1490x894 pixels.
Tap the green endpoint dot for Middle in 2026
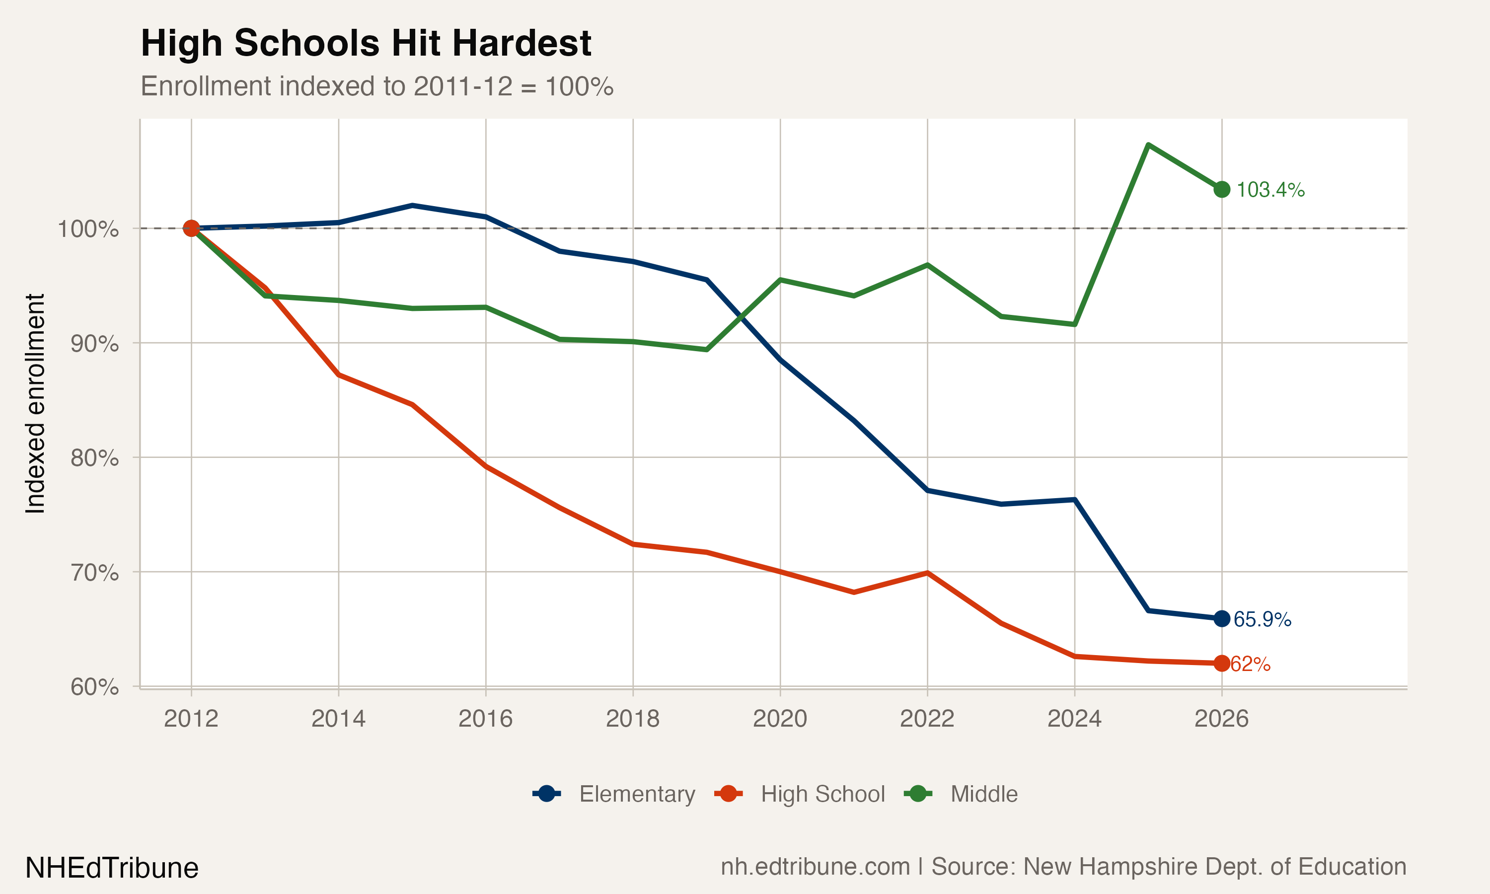click(1221, 190)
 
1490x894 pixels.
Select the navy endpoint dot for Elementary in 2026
click(1221, 619)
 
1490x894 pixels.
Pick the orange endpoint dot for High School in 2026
click(1221, 663)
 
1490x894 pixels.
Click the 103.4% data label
click(1269, 190)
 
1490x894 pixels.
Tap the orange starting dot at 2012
click(191, 228)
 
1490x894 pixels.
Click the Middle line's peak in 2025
click(1148, 145)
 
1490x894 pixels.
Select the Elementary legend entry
click(614, 794)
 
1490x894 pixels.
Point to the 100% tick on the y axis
click(88, 229)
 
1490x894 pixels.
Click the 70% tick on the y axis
click(94, 572)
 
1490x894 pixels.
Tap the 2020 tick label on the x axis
click(780, 718)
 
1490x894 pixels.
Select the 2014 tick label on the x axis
click(338, 718)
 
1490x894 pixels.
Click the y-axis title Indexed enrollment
click(35, 404)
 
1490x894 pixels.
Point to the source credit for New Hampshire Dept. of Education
click(1063, 866)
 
